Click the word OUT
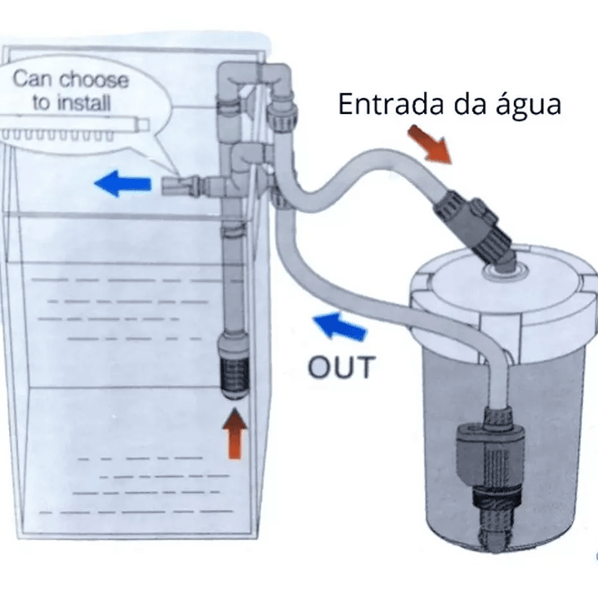[x=342, y=366]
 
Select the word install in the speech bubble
[x=83, y=104]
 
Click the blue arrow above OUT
[x=341, y=326]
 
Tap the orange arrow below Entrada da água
[x=430, y=144]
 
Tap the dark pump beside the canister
[x=479, y=453]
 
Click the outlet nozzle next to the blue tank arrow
[x=177, y=185]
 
